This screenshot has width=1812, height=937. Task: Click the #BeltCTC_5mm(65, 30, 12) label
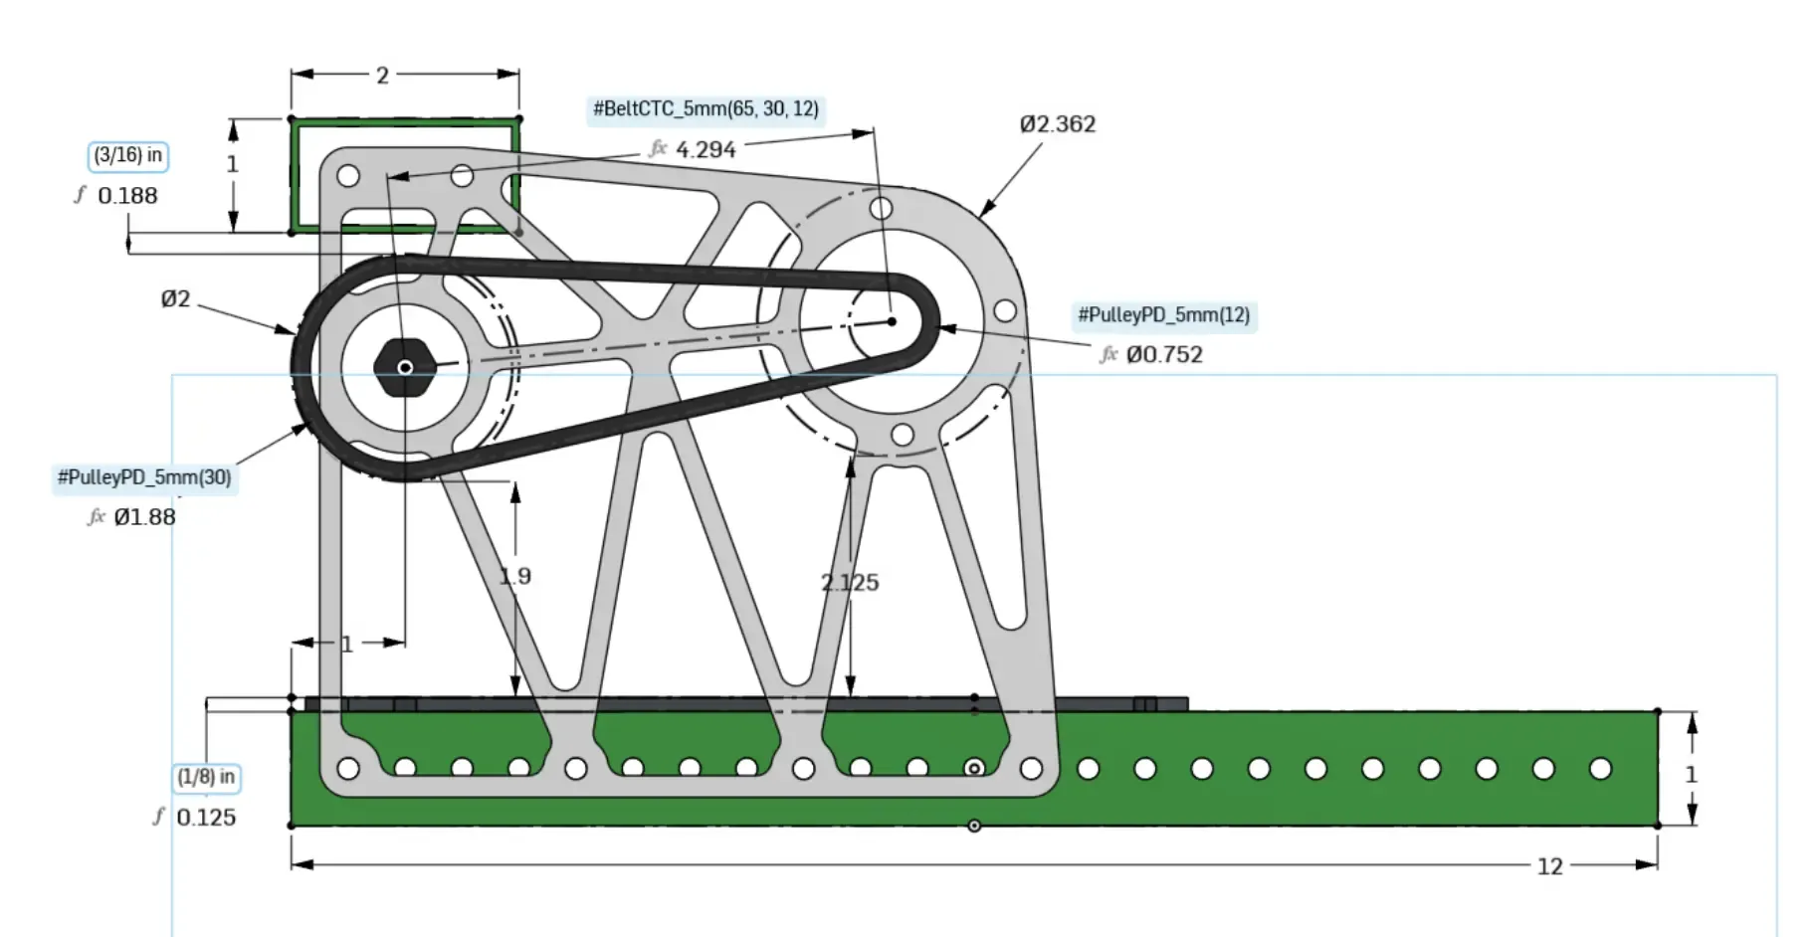pyautogui.click(x=705, y=108)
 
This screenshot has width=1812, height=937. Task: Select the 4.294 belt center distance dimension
pyautogui.click(x=705, y=150)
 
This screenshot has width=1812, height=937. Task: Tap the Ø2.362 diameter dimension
pyautogui.click(x=1057, y=124)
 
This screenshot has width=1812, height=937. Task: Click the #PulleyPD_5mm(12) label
pyautogui.click(x=1163, y=315)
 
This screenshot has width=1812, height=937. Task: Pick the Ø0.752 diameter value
pyautogui.click(x=1163, y=355)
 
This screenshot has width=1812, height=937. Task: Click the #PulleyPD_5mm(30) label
pyautogui.click(x=144, y=477)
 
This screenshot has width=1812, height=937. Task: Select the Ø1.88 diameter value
pyautogui.click(x=144, y=517)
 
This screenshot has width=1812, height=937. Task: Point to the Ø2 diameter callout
pyautogui.click(x=175, y=298)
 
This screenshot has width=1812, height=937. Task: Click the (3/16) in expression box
pyautogui.click(x=127, y=155)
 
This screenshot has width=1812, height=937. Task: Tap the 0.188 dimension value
pyautogui.click(x=127, y=196)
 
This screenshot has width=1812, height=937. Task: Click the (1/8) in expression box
pyautogui.click(x=206, y=777)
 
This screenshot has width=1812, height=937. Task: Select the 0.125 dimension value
pyautogui.click(x=206, y=818)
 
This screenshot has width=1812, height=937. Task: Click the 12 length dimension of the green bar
pyautogui.click(x=1549, y=866)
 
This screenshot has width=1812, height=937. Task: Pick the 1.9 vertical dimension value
pyautogui.click(x=515, y=576)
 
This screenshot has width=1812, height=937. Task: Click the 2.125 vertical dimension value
pyautogui.click(x=850, y=583)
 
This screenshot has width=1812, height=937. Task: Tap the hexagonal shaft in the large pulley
pyautogui.click(x=404, y=368)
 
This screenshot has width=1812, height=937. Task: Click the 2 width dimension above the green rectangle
pyautogui.click(x=382, y=76)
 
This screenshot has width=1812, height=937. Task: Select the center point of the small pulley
pyautogui.click(x=892, y=321)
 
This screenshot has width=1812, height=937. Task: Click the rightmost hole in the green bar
pyautogui.click(x=1600, y=769)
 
